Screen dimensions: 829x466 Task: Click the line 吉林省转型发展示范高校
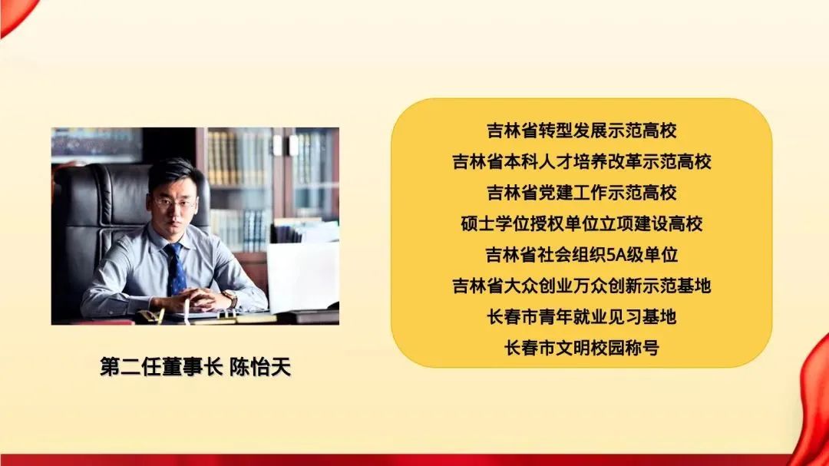point(582,130)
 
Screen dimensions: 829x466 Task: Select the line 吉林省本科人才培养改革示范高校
point(582,161)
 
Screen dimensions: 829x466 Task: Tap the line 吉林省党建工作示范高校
point(582,193)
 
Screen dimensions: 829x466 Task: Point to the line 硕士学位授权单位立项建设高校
point(582,223)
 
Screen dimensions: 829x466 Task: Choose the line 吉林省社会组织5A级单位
point(582,255)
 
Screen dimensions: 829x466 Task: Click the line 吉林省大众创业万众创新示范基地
point(582,286)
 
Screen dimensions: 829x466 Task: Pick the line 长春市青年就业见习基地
point(582,317)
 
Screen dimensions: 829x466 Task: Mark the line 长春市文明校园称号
point(582,348)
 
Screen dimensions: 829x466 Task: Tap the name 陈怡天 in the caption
point(260,367)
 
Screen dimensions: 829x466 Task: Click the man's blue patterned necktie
point(175,269)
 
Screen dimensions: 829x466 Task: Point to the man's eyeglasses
point(174,203)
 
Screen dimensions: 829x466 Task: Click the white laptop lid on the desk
point(302,276)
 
